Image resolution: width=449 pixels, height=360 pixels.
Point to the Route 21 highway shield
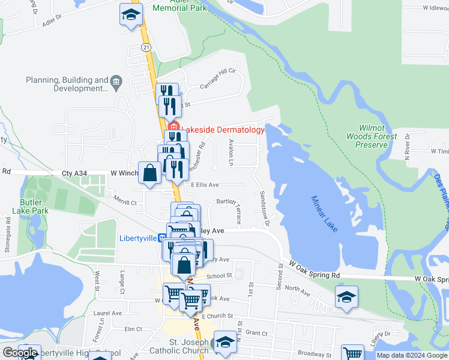click(x=146, y=47)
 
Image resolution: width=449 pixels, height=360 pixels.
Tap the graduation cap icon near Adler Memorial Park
click(x=131, y=16)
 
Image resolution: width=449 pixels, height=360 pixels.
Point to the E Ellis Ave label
click(x=205, y=185)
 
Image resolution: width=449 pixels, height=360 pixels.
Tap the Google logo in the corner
click(x=20, y=353)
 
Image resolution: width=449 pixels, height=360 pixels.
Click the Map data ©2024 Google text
click(x=412, y=355)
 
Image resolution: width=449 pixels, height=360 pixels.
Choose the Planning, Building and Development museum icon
click(x=116, y=80)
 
